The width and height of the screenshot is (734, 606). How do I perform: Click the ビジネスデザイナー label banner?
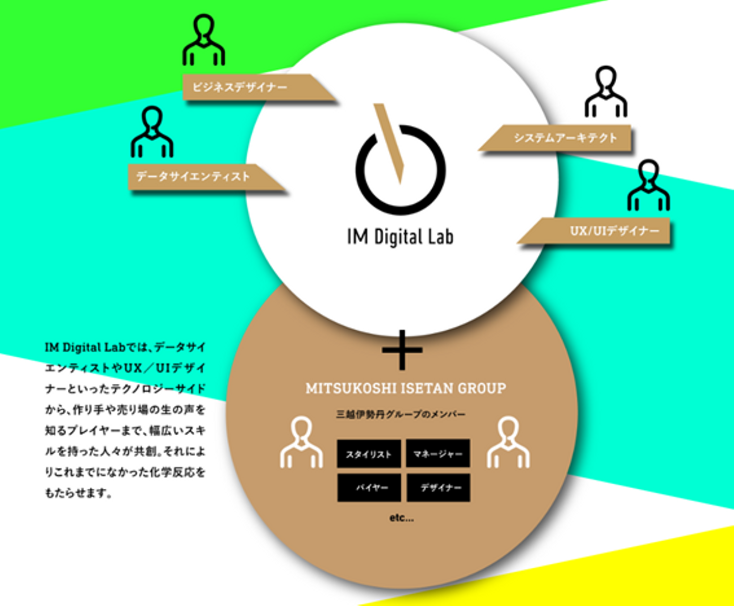(x=245, y=87)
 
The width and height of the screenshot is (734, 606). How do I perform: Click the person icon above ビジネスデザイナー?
(x=204, y=41)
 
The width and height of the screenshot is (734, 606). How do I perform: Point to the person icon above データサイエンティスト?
(x=152, y=132)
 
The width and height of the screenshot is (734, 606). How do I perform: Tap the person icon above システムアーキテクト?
(x=606, y=92)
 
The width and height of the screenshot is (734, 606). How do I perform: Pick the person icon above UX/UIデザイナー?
(x=648, y=186)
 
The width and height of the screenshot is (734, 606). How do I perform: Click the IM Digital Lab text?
(x=400, y=238)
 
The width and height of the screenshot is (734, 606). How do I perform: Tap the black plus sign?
(x=402, y=350)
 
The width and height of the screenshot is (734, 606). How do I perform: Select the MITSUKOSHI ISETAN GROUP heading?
(x=406, y=388)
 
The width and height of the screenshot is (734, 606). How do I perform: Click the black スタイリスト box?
(x=369, y=454)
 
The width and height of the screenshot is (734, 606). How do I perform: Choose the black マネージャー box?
(x=438, y=453)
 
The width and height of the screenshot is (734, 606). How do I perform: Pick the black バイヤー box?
(x=369, y=488)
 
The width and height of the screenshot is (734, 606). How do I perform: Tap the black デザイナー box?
(x=438, y=488)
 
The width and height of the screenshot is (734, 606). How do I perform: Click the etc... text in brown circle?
(x=402, y=518)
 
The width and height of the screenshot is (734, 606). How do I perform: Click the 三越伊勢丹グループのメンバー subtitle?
(x=401, y=414)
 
